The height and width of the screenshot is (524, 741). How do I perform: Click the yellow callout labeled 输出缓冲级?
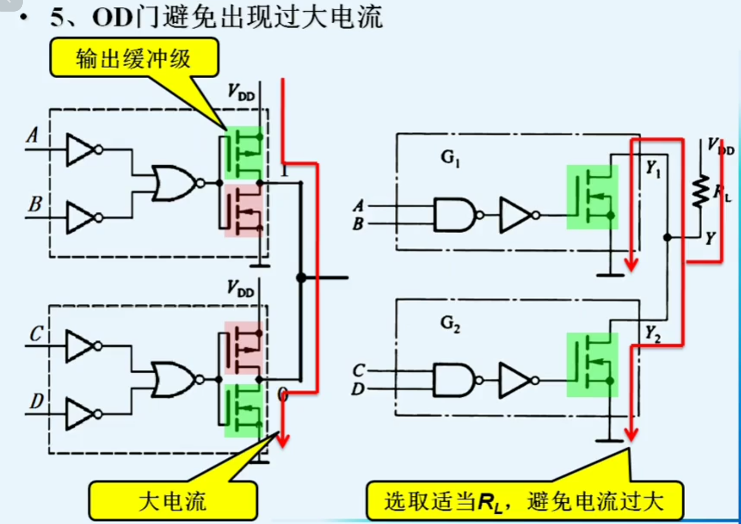tap(134, 59)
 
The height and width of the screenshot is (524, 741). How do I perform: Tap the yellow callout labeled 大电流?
tap(172, 501)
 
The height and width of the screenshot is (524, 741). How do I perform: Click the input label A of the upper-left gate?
tap(32, 135)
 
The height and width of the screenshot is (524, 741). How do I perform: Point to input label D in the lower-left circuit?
tap(36, 401)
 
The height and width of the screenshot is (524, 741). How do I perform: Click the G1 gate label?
tap(450, 158)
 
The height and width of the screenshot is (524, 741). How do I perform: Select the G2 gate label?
tap(450, 324)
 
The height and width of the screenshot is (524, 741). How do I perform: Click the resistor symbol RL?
tap(701, 191)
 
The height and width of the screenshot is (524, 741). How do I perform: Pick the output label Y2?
tap(652, 333)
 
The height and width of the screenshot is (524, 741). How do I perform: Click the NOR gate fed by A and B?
tap(174, 183)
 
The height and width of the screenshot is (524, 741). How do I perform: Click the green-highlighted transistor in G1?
tap(592, 197)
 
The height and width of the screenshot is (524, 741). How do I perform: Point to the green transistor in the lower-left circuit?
tap(244, 410)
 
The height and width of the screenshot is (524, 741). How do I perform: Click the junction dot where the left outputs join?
tap(301, 278)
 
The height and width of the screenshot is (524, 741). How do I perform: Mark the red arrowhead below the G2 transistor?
tap(631, 434)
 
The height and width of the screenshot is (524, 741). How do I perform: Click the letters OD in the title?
tap(113, 18)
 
